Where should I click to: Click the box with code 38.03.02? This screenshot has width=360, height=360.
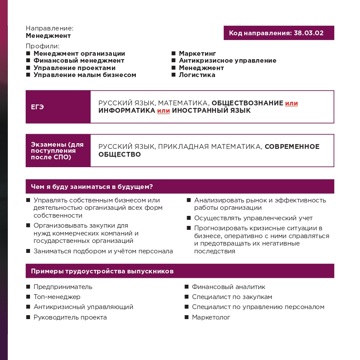pos(279,33)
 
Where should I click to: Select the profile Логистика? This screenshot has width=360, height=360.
pos(197,75)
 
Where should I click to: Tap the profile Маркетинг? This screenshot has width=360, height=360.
pos(197,54)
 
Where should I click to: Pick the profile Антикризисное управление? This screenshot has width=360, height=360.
pos(227,61)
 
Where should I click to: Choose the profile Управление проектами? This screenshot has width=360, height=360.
pos(74,68)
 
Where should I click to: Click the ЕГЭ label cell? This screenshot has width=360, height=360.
pos(58,107)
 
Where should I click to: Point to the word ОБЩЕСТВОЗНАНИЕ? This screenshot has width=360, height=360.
pos(247,103)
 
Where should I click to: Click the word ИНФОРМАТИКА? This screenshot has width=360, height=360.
pos(127,111)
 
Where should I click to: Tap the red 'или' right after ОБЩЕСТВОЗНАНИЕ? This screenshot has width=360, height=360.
pos(291,103)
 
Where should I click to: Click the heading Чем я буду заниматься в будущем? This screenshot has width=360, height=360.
pos(92,187)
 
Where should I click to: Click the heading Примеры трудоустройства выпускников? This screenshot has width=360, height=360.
pos(102,271)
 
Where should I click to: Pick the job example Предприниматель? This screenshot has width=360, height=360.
pos(63,287)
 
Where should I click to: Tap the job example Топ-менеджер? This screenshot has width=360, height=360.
pos(57,297)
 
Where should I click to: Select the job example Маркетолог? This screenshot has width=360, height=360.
pos(211,317)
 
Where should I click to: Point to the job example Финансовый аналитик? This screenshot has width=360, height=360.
pos(228,287)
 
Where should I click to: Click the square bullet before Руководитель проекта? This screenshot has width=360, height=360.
pos(28,317)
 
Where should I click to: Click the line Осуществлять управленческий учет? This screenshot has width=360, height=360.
pos(253,218)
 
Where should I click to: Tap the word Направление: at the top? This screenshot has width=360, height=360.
pos(49,28)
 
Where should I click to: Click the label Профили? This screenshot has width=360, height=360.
pos(42,46)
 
